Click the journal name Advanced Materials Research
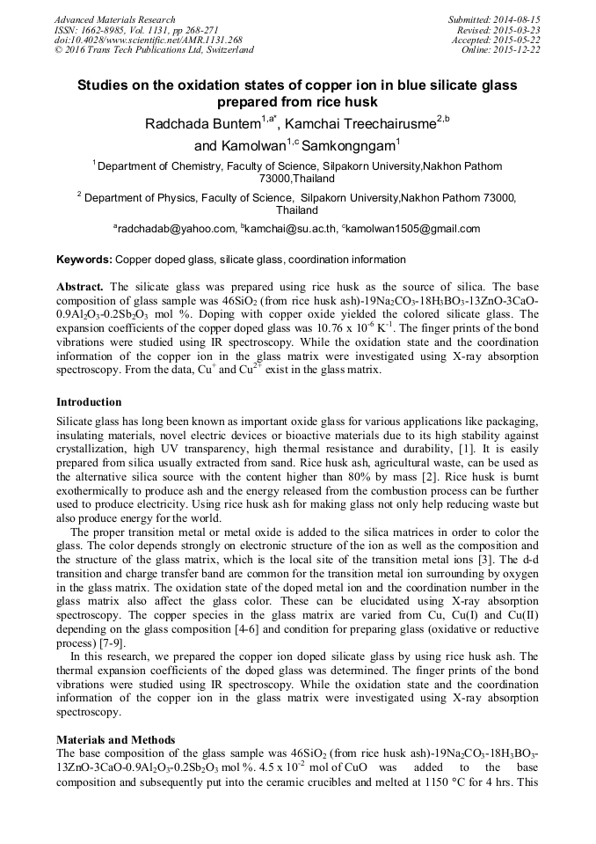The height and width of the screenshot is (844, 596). tap(114, 19)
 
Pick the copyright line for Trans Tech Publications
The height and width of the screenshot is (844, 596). tap(154, 50)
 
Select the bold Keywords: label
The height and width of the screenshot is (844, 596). tap(84, 260)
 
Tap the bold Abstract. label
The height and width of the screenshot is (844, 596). tap(80, 287)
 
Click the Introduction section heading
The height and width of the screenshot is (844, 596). tap(89, 402)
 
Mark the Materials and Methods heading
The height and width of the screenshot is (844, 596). tap(115, 739)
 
